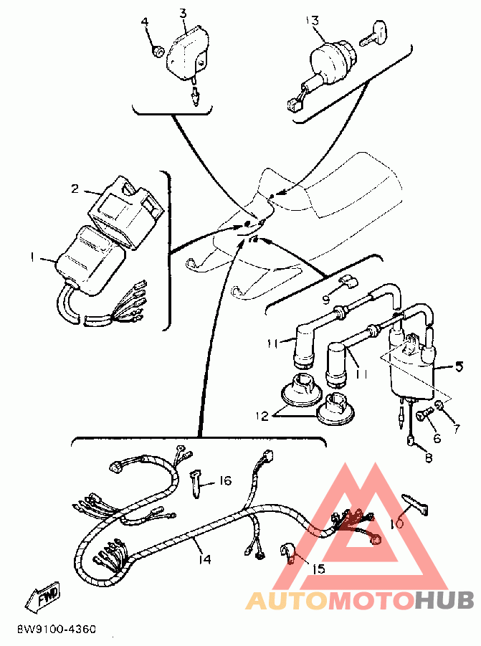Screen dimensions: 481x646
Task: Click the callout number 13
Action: tap(313, 20)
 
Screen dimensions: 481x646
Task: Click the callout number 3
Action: tap(183, 13)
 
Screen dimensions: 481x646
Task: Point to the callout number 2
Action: tap(75, 189)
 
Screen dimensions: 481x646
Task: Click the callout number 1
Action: tap(32, 257)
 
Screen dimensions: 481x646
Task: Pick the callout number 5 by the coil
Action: tap(458, 366)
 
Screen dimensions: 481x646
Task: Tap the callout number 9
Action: tap(326, 300)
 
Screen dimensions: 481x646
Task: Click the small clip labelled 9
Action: tap(348, 282)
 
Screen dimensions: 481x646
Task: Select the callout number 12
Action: tap(262, 416)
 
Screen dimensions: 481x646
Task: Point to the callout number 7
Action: tap(456, 429)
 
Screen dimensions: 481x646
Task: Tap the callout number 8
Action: tap(429, 457)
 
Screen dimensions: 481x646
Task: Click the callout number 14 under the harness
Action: tap(205, 559)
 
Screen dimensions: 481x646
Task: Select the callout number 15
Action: tap(318, 569)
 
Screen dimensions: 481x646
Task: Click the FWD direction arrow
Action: tap(43, 595)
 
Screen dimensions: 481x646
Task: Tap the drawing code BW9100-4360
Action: tap(57, 630)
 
